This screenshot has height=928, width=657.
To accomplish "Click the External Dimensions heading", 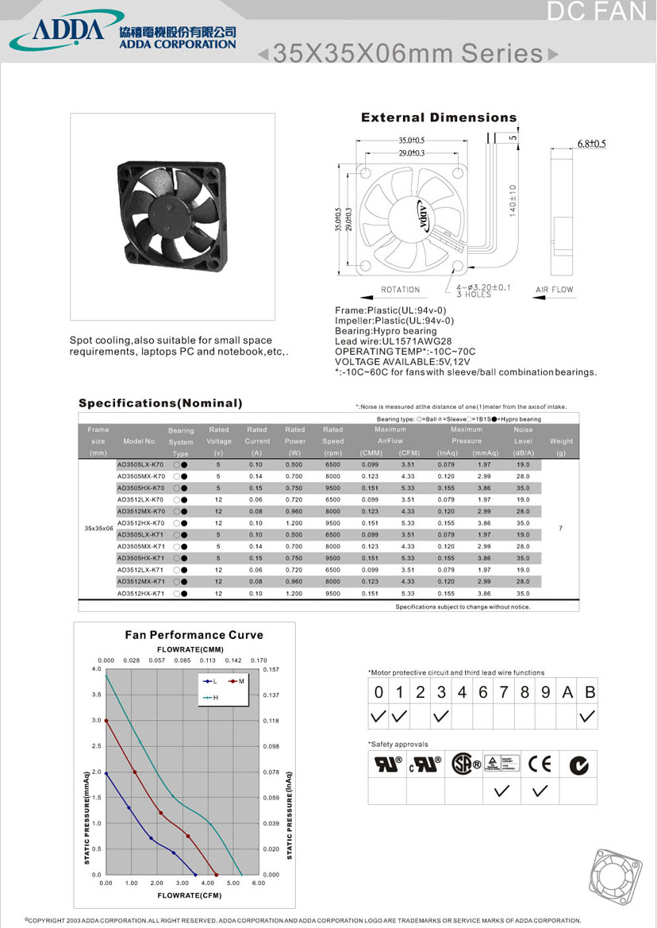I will click(x=438, y=117).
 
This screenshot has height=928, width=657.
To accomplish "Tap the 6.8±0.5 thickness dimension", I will click(x=590, y=144).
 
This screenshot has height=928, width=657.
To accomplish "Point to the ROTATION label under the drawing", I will click(x=400, y=290).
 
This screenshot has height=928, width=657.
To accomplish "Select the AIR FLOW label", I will click(x=554, y=290).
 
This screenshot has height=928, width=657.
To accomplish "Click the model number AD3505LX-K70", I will click(x=140, y=464).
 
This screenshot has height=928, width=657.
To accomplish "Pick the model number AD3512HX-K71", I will click(x=140, y=593).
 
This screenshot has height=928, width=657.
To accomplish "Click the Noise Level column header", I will click(x=523, y=441).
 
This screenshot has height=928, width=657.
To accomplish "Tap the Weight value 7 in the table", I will click(x=560, y=529).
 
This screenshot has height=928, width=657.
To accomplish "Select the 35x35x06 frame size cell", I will click(x=98, y=529).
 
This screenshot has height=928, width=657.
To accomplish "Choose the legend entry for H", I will click(x=212, y=697).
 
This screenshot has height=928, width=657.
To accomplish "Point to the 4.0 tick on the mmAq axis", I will click(x=97, y=670).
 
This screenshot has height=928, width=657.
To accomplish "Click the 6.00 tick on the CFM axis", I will click(x=259, y=883).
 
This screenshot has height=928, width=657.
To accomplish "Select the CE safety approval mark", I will click(x=540, y=764).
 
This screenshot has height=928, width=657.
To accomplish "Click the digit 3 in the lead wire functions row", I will click(x=441, y=692).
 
